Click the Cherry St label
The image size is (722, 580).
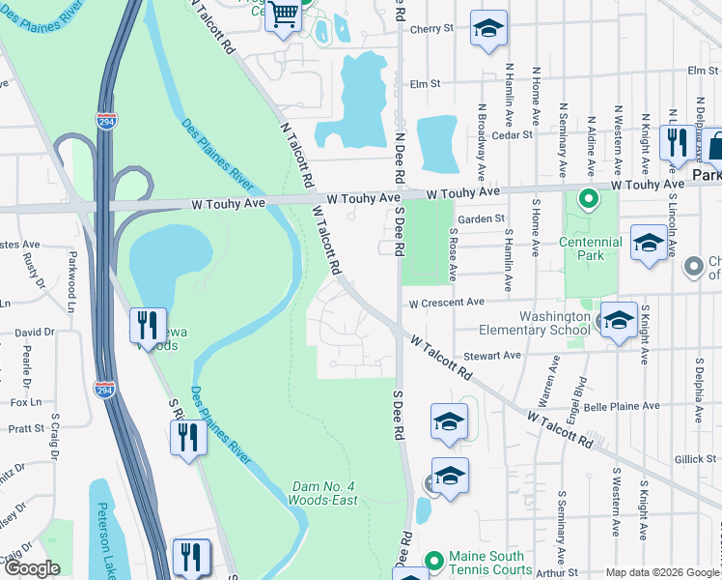point(430,29)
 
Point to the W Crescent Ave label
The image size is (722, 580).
point(445,303)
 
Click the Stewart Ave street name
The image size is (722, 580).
point(491,356)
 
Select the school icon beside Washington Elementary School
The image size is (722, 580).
point(618,322)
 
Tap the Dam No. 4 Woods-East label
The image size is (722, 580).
point(322,493)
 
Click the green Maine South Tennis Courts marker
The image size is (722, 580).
point(434,559)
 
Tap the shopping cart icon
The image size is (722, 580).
point(284,16)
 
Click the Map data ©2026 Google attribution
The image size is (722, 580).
point(662,572)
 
